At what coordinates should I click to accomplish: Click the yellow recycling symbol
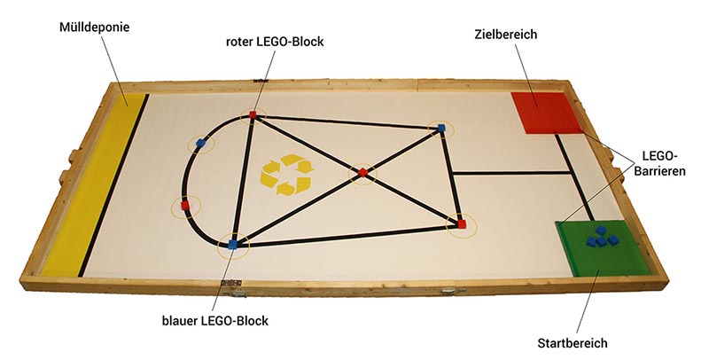click(x=284, y=173)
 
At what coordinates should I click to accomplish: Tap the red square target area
click(x=542, y=112)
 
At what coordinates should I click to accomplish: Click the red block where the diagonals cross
click(x=362, y=172)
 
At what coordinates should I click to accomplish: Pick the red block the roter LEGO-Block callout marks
click(x=253, y=114)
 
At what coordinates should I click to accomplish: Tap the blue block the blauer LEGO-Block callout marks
click(x=232, y=244)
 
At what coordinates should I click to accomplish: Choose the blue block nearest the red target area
click(x=440, y=129)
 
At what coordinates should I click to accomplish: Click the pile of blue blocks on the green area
click(x=605, y=237)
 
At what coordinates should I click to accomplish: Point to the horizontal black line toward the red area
click(x=510, y=173)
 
